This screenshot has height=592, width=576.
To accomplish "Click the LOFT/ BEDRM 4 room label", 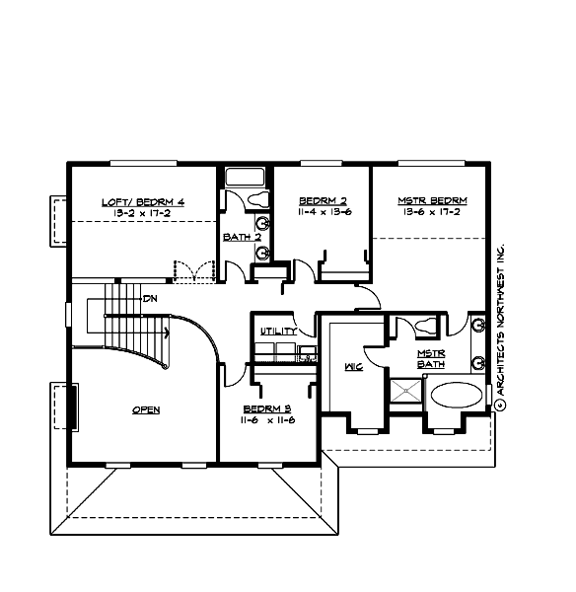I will coord(143,201).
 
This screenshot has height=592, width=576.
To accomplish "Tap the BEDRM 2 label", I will coord(320,201).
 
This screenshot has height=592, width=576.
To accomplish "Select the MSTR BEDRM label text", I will coord(432,201).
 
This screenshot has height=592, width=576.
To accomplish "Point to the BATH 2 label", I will coord(241,237).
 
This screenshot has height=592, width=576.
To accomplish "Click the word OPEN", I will coord(146,409).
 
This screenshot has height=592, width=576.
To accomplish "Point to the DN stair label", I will coord(151,298).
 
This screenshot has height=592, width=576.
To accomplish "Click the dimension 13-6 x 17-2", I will coord(432,212).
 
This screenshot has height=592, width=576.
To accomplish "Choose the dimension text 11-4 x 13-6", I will coord(320,212).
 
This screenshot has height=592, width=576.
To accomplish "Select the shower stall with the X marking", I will coord(406,394).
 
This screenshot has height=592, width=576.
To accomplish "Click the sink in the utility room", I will coord(306,349).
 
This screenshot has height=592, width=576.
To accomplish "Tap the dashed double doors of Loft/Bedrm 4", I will coord(194,269).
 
